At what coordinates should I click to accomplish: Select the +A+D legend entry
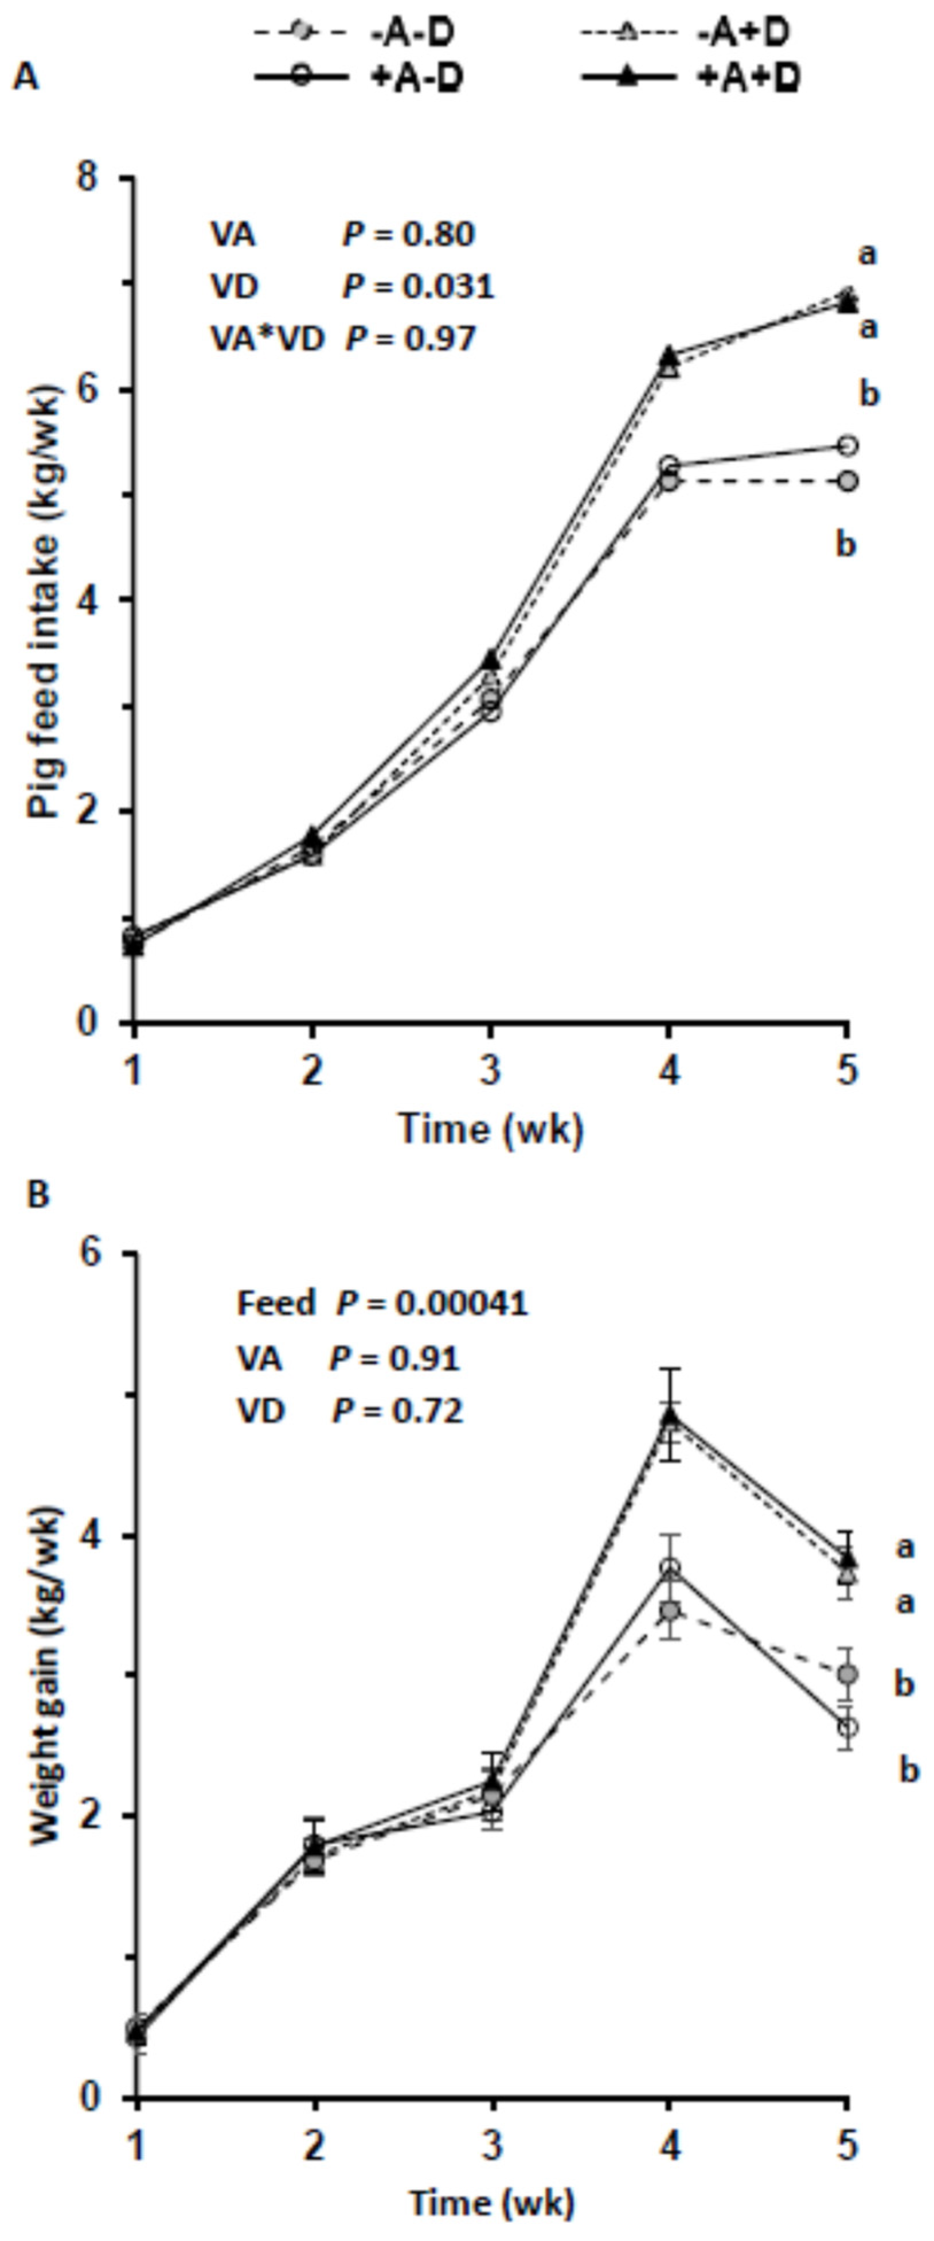tap(691, 77)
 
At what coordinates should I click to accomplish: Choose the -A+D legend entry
tap(687, 33)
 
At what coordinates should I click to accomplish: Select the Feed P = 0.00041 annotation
tap(382, 1302)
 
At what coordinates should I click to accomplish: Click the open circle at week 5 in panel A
tap(847, 445)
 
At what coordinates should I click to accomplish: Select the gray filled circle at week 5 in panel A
tap(847, 481)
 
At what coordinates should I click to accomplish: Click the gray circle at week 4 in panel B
tap(669, 1611)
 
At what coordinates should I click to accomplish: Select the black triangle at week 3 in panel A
tap(490, 659)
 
